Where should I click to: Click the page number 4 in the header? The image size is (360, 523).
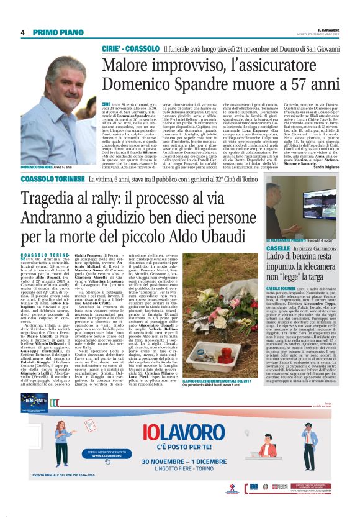pos(22,32)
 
